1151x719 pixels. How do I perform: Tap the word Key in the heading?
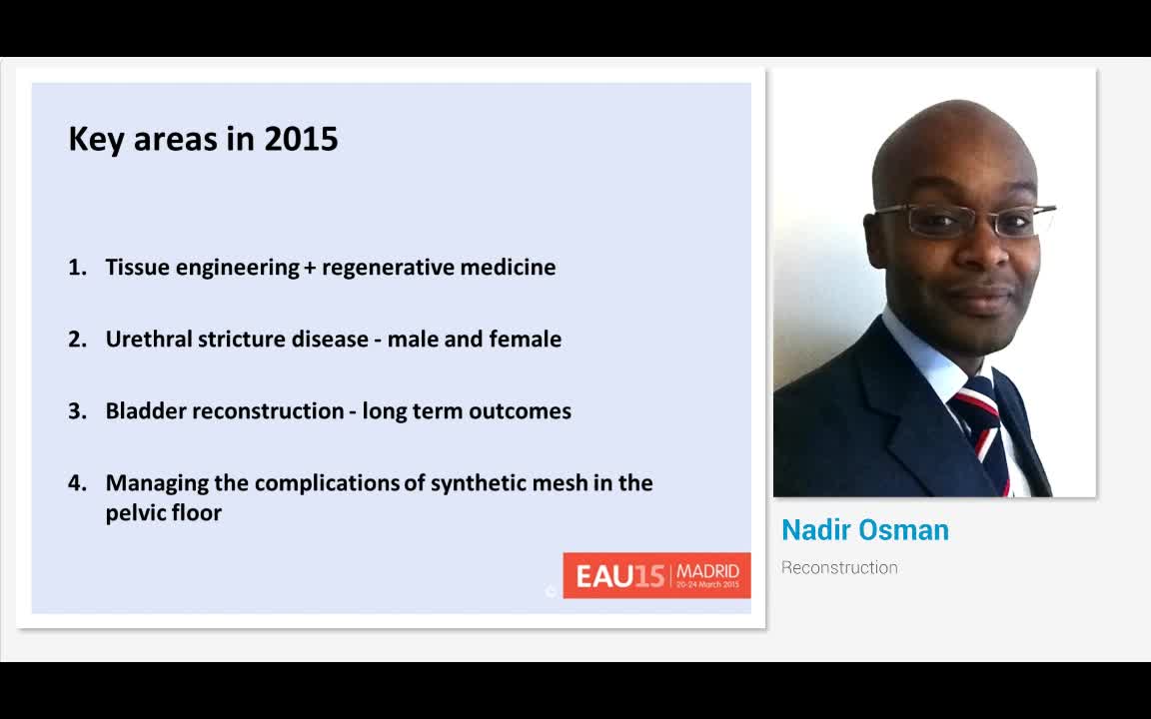click(96, 140)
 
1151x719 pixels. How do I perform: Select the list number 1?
click(77, 267)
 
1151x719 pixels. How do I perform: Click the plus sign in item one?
click(310, 268)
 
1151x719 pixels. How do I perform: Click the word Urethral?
click(148, 339)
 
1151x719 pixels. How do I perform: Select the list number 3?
click(77, 410)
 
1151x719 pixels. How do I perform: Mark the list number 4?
click(77, 482)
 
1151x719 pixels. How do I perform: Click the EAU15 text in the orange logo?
click(620, 576)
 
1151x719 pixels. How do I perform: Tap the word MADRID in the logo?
click(708, 571)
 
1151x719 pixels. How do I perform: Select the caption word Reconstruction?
click(839, 567)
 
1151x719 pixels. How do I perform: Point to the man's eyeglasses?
click(961, 219)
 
